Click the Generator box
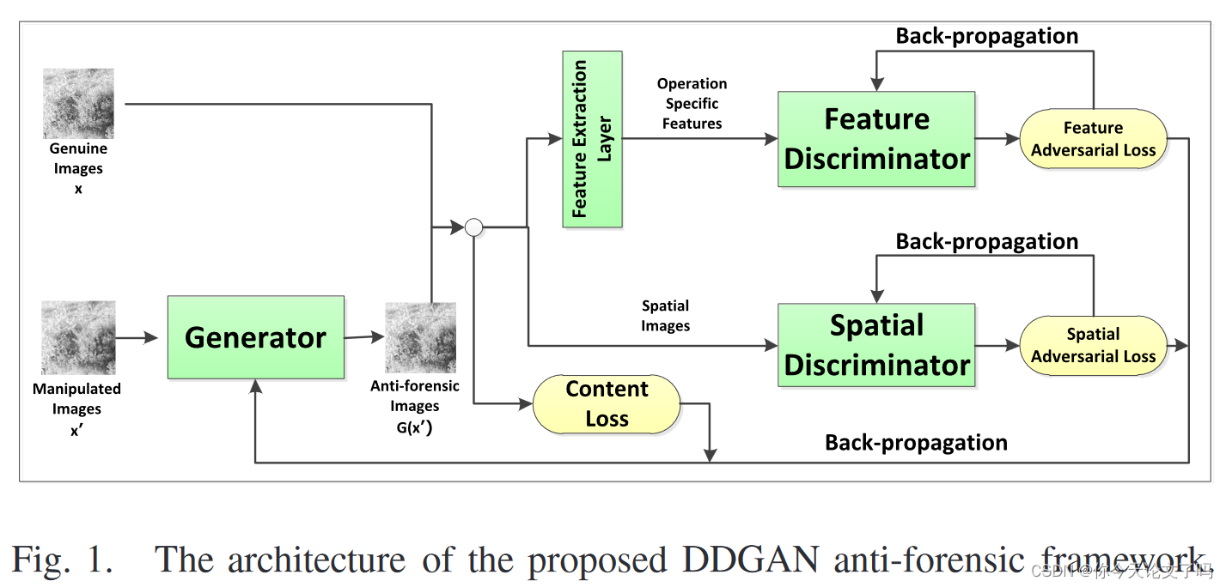[x=255, y=337]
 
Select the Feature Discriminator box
[x=876, y=139]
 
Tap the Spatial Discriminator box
[x=876, y=345]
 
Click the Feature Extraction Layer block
[x=592, y=139]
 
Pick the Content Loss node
[x=607, y=403]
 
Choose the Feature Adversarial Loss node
[x=1093, y=139]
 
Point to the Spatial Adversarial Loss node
[x=1093, y=345]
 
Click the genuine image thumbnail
[x=78, y=103]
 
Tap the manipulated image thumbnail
[x=78, y=337]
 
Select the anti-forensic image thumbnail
[x=420, y=337]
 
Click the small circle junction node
[x=473, y=227]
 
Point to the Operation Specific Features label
[x=692, y=104]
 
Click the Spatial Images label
[x=665, y=316]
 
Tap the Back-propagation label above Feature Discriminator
[x=986, y=36]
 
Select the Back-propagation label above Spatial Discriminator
[x=986, y=242]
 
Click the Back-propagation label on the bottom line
[x=916, y=443]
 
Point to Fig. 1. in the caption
[x=62, y=560]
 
